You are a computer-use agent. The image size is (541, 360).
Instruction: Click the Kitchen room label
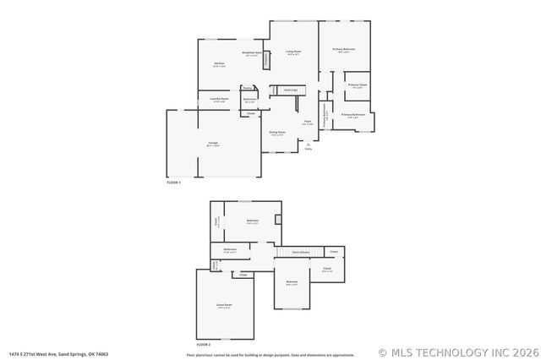coord(219,64)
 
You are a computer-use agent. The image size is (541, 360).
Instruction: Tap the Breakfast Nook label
coord(251,53)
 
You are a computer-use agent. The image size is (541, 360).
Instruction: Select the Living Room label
coord(293,52)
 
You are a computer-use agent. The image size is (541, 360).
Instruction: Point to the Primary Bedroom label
coord(343,50)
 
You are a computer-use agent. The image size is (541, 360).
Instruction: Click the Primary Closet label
coord(358,85)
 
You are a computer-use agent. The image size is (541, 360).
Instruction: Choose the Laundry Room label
coord(219,99)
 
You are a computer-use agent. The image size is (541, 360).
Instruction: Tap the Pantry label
coord(247,88)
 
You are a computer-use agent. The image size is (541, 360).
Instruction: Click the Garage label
coord(213,144)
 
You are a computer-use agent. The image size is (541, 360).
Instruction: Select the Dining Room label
coord(277,132)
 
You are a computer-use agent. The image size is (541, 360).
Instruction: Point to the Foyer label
coord(308,123)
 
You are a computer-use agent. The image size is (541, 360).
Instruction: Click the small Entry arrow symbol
coord(308,145)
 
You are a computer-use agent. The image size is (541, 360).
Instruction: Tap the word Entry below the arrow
coord(308,150)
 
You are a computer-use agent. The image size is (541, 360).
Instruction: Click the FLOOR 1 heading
coord(174,183)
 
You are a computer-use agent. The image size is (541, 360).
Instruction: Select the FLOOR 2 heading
coord(204,345)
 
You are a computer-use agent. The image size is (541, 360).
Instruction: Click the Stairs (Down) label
coord(300,252)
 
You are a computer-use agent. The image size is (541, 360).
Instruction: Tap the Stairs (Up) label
coord(290,89)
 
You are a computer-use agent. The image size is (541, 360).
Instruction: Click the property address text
coord(58,354)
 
